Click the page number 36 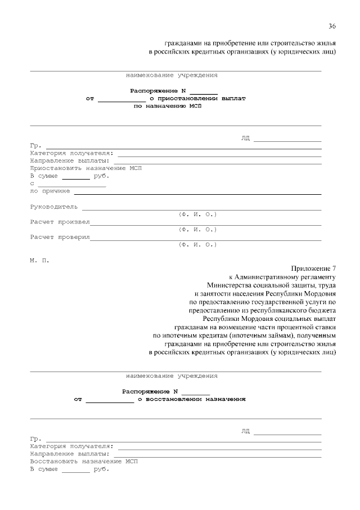tap(332, 26)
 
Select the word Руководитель tap(53, 207)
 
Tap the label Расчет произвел tap(60, 222)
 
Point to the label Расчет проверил tap(60, 237)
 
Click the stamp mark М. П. tap(39, 260)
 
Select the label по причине tap(49, 191)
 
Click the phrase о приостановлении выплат tap(197, 98)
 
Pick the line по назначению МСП tap(166, 105)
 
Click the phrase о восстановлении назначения tap(191, 399)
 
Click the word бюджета tap(321, 310)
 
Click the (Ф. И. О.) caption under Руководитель tap(197, 214)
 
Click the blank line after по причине tap(197, 193)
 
